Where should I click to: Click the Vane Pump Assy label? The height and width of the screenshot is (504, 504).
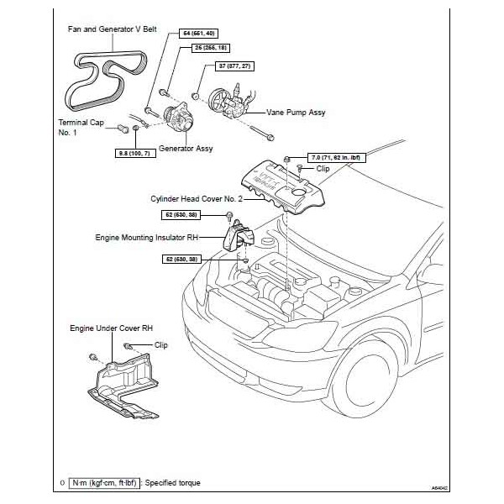(295, 112)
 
